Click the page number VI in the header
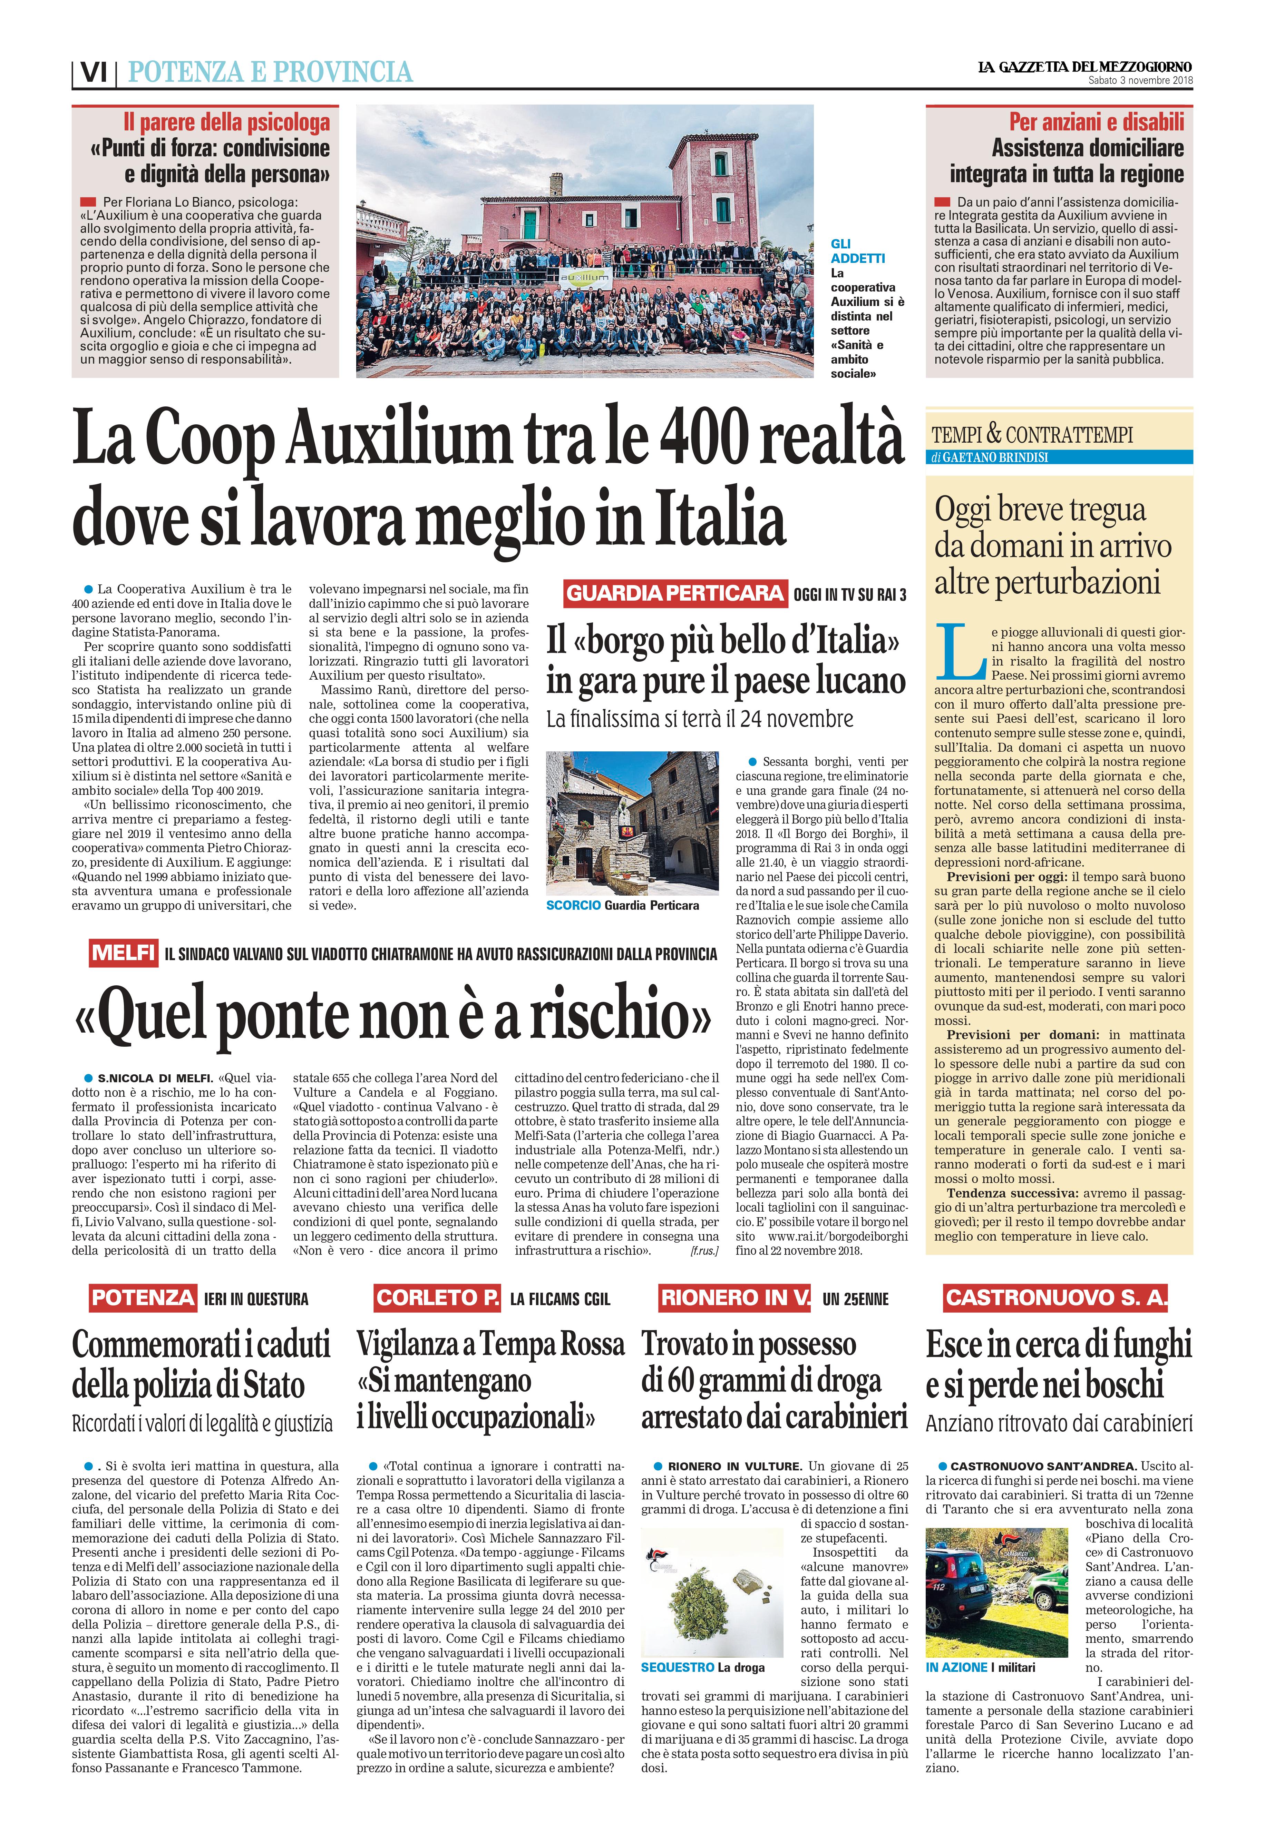point(94,73)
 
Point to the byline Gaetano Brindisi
point(995,457)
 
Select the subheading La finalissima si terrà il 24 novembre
point(700,719)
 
